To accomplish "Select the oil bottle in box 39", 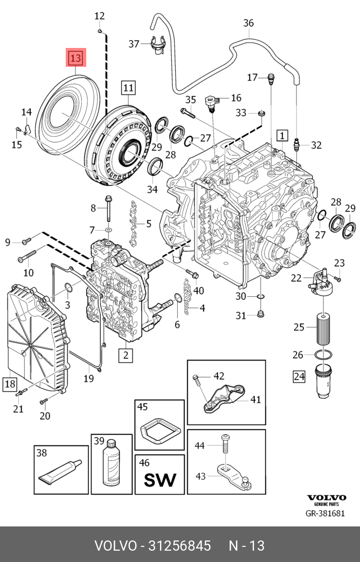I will [112, 466].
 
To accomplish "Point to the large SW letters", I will [159, 478].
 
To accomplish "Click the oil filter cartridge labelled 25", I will [322, 327].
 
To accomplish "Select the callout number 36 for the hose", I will [248, 23].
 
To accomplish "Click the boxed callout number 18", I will [10, 384].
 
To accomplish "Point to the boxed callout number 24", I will [299, 376].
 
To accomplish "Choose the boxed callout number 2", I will [125, 355].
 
